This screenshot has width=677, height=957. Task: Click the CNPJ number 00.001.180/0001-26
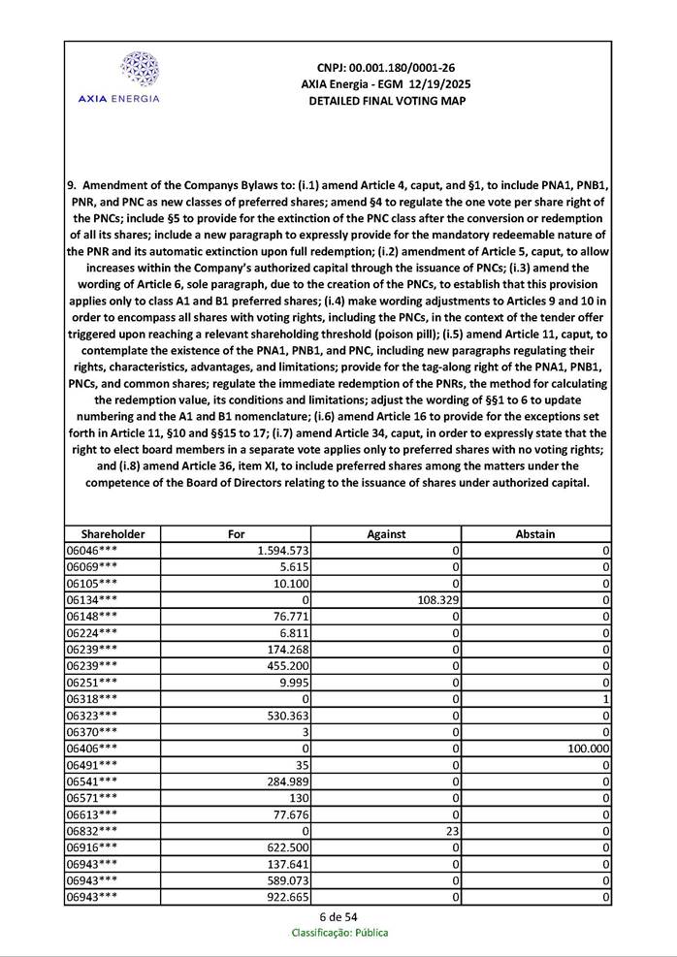pos(386,68)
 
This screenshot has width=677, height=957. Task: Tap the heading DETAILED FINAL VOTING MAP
pos(386,101)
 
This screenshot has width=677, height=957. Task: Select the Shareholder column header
pos(113,533)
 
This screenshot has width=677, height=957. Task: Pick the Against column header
pos(386,533)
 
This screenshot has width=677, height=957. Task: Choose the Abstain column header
pos(535,533)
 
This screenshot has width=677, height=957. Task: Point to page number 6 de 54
pos(338,916)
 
